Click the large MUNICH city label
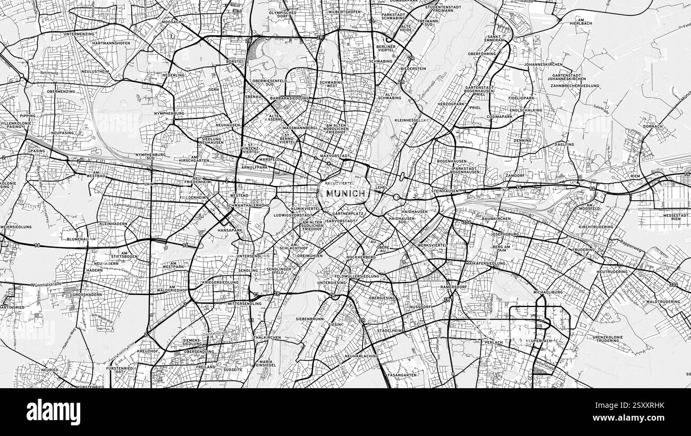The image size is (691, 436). [x=346, y=193]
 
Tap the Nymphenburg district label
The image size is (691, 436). [x=168, y=113]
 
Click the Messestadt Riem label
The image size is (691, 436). [x=676, y=217]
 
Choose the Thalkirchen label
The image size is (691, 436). [x=267, y=337]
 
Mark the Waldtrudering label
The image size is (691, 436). [x=663, y=302]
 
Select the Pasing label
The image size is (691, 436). [x=37, y=151]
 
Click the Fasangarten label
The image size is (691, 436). [x=402, y=374]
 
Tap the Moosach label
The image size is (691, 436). [x=171, y=22]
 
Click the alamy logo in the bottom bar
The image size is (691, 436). [x=53, y=412]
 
